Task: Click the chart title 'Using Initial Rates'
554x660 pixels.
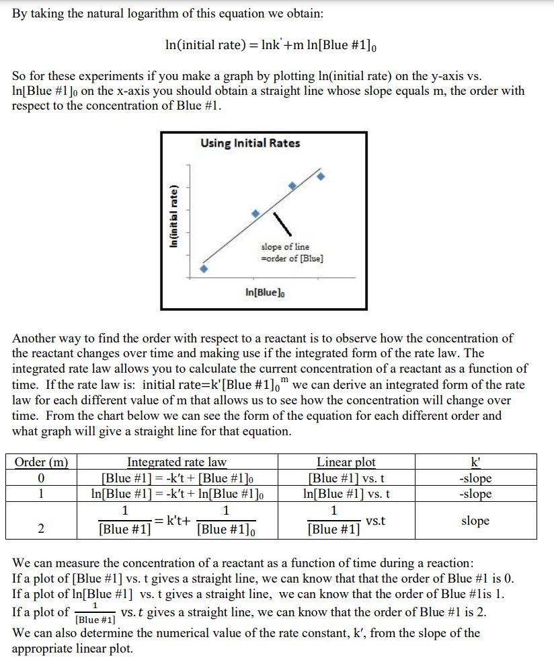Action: pos(250,143)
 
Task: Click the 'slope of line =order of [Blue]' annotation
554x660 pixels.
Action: pos(292,253)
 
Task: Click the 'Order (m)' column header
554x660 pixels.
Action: pos(42,462)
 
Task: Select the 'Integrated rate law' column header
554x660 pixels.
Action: pos(177,462)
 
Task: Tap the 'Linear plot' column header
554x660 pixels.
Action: pos(346,462)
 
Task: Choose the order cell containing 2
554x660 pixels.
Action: pos(42,528)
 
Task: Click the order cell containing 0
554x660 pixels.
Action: pos(42,478)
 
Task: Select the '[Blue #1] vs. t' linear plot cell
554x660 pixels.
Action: pos(346,478)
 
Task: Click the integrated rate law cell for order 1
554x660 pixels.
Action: pos(177,494)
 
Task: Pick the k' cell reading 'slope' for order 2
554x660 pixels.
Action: pos(475,521)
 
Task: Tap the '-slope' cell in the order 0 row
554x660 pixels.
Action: pos(475,478)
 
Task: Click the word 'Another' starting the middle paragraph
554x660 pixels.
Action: pos(35,338)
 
